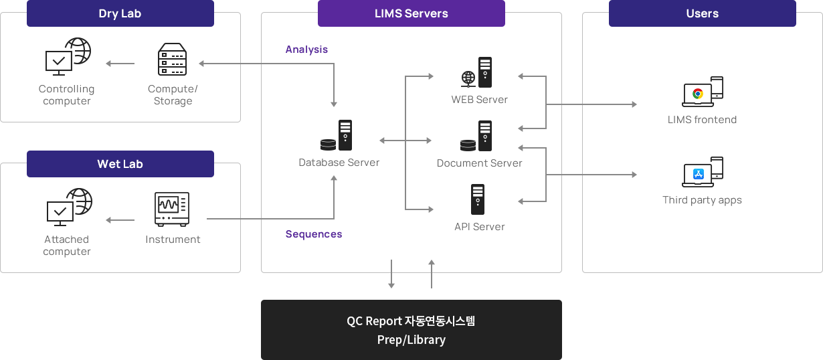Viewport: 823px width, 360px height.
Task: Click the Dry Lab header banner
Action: click(120, 13)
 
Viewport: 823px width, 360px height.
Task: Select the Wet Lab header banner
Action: click(120, 164)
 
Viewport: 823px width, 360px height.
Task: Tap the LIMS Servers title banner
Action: click(411, 13)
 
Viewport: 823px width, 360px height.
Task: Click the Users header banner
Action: click(702, 13)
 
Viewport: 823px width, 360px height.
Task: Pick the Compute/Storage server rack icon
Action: click(172, 60)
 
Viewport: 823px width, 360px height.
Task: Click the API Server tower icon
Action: click(478, 199)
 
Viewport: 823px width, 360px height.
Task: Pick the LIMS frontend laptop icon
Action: click(703, 92)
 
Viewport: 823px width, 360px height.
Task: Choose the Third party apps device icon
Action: click(703, 173)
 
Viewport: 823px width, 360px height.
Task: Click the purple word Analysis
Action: click(306, 50)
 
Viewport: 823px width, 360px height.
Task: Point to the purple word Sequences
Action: click(314, 234)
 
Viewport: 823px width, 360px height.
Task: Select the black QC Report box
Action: click(411, 329)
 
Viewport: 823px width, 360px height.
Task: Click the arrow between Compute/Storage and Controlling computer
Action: click(120, 64)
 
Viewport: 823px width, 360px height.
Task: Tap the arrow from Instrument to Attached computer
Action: click(120, 219)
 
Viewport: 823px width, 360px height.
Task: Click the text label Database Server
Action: click(339, 163)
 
